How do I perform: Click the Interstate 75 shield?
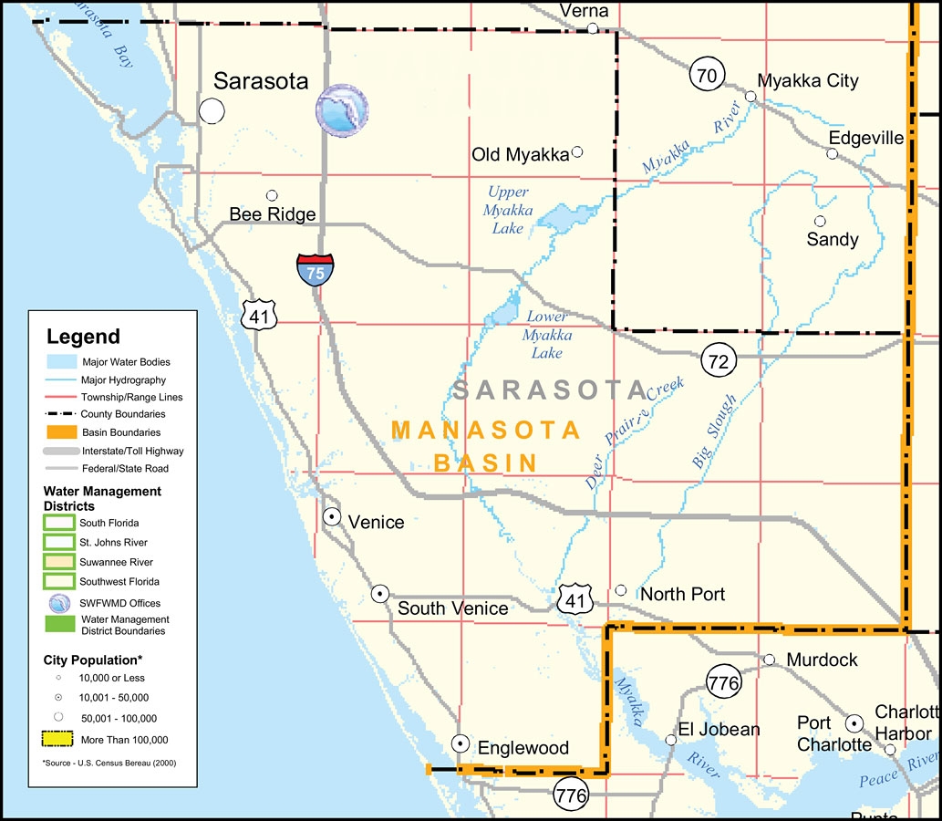315,270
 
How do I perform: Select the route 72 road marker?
719,361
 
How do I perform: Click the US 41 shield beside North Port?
576,598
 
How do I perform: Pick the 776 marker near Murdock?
723,681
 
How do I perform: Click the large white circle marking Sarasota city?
212,111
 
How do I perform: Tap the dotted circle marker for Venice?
333,517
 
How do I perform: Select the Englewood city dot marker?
461,743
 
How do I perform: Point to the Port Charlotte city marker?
854,723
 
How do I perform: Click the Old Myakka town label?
519,155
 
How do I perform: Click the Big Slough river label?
714,431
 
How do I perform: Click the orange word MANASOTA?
485,430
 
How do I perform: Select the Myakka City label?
808,81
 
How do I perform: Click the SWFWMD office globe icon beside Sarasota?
343,110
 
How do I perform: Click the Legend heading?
83,337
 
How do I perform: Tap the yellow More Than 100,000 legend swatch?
59,740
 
